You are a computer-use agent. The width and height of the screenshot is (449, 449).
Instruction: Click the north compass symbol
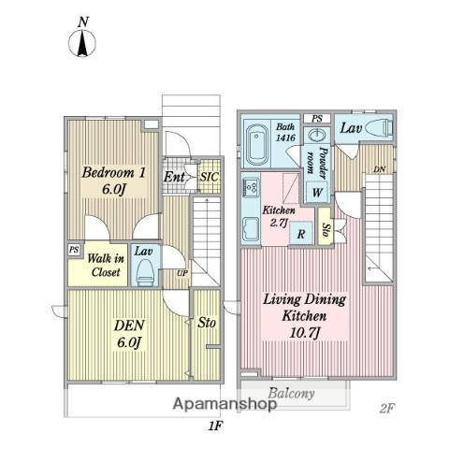tap(82, 38)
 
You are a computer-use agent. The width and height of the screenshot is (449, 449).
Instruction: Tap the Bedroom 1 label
tap(114, 181)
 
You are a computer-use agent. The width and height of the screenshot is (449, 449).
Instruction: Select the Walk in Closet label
tap(106, 265)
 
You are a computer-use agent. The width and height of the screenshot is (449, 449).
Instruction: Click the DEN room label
tap(129, 333)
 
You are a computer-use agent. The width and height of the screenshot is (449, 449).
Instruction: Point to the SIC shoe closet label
tap(210, 177)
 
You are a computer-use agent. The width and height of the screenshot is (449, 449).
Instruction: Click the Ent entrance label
tap(174, 177)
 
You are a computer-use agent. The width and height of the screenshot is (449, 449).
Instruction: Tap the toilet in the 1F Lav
tap(145, 272)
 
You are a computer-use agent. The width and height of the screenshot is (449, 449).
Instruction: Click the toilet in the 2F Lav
tap(378, 127)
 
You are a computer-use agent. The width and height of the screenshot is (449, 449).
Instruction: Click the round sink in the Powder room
tap(317, 136)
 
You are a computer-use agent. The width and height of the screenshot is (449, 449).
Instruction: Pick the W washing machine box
tap(317, 192)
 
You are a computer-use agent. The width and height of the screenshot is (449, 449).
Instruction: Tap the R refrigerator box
tap(301, 233)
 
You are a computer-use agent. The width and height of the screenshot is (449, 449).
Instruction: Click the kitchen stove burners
tap(251, 188)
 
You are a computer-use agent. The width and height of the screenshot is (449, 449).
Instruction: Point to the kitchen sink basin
tap(251, 229)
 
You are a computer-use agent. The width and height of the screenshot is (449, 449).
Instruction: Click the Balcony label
tap(291, 394)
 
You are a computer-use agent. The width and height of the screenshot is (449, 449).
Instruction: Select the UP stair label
tap(182, 273)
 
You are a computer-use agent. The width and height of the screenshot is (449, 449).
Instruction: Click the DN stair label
tap(380, 169)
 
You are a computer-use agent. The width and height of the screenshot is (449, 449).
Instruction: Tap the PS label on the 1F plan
tap(74, 250)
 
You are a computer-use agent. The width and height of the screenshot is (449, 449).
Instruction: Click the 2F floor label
tap(387, 408)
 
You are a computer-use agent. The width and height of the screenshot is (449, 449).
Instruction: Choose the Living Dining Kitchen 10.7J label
tap(304, 316)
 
